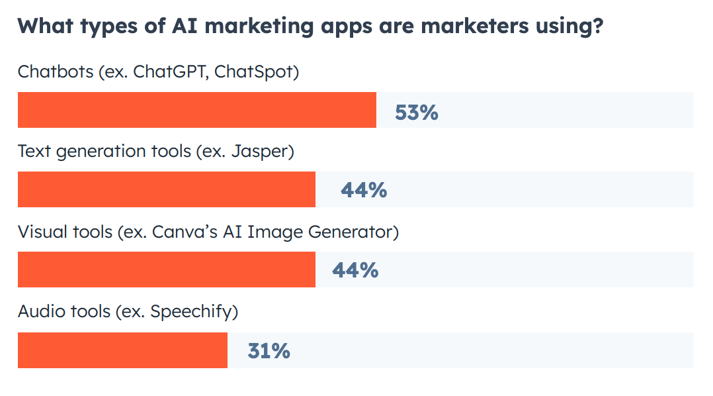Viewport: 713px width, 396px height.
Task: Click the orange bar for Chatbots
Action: tap(196, 110)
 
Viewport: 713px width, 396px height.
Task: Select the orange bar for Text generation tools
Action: tap(166, 189)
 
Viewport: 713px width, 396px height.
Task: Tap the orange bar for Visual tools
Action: tap(166, 270)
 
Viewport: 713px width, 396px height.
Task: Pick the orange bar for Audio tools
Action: tap(122, 350)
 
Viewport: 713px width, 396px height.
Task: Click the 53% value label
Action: tap(417, 112)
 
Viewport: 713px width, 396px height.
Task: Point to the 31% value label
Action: tap(269, 351)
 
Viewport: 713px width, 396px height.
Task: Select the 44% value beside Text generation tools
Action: tap(363, 191)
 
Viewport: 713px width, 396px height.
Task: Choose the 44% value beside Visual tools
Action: tap(355, 270)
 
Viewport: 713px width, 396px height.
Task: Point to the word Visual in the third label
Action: tap(38, 232)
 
